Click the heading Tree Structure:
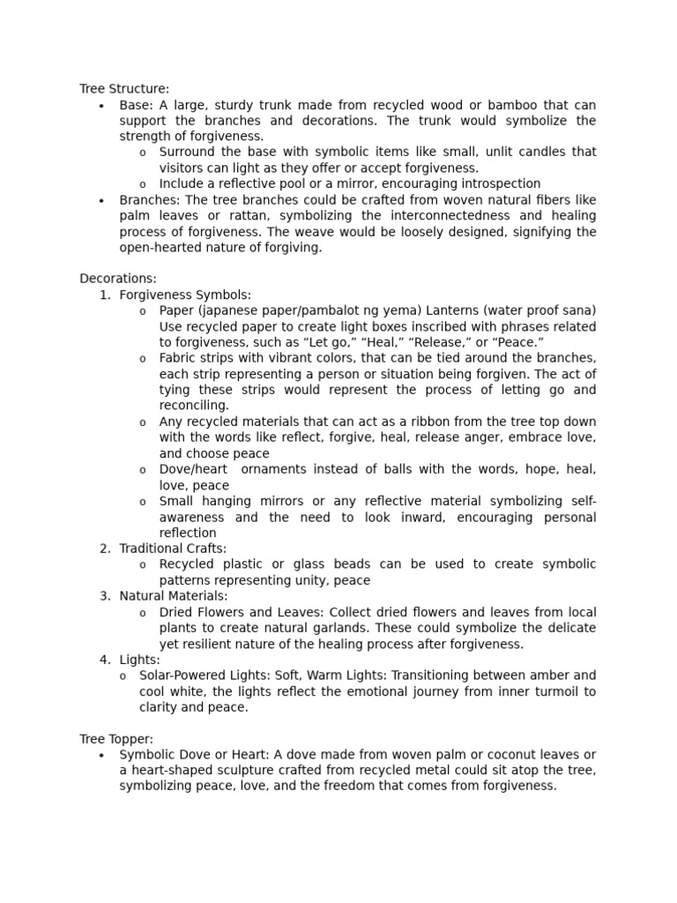pos(124,89)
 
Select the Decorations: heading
pos(118,279)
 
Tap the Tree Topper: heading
pos(116,739)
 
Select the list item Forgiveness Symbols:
pos(185,295)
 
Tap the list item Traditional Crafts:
pos(173,549)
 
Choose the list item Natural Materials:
pos(170,596)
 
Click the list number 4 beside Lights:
pos(105,660)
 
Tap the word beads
pos(374,564)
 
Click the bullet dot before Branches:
pos(102,201)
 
